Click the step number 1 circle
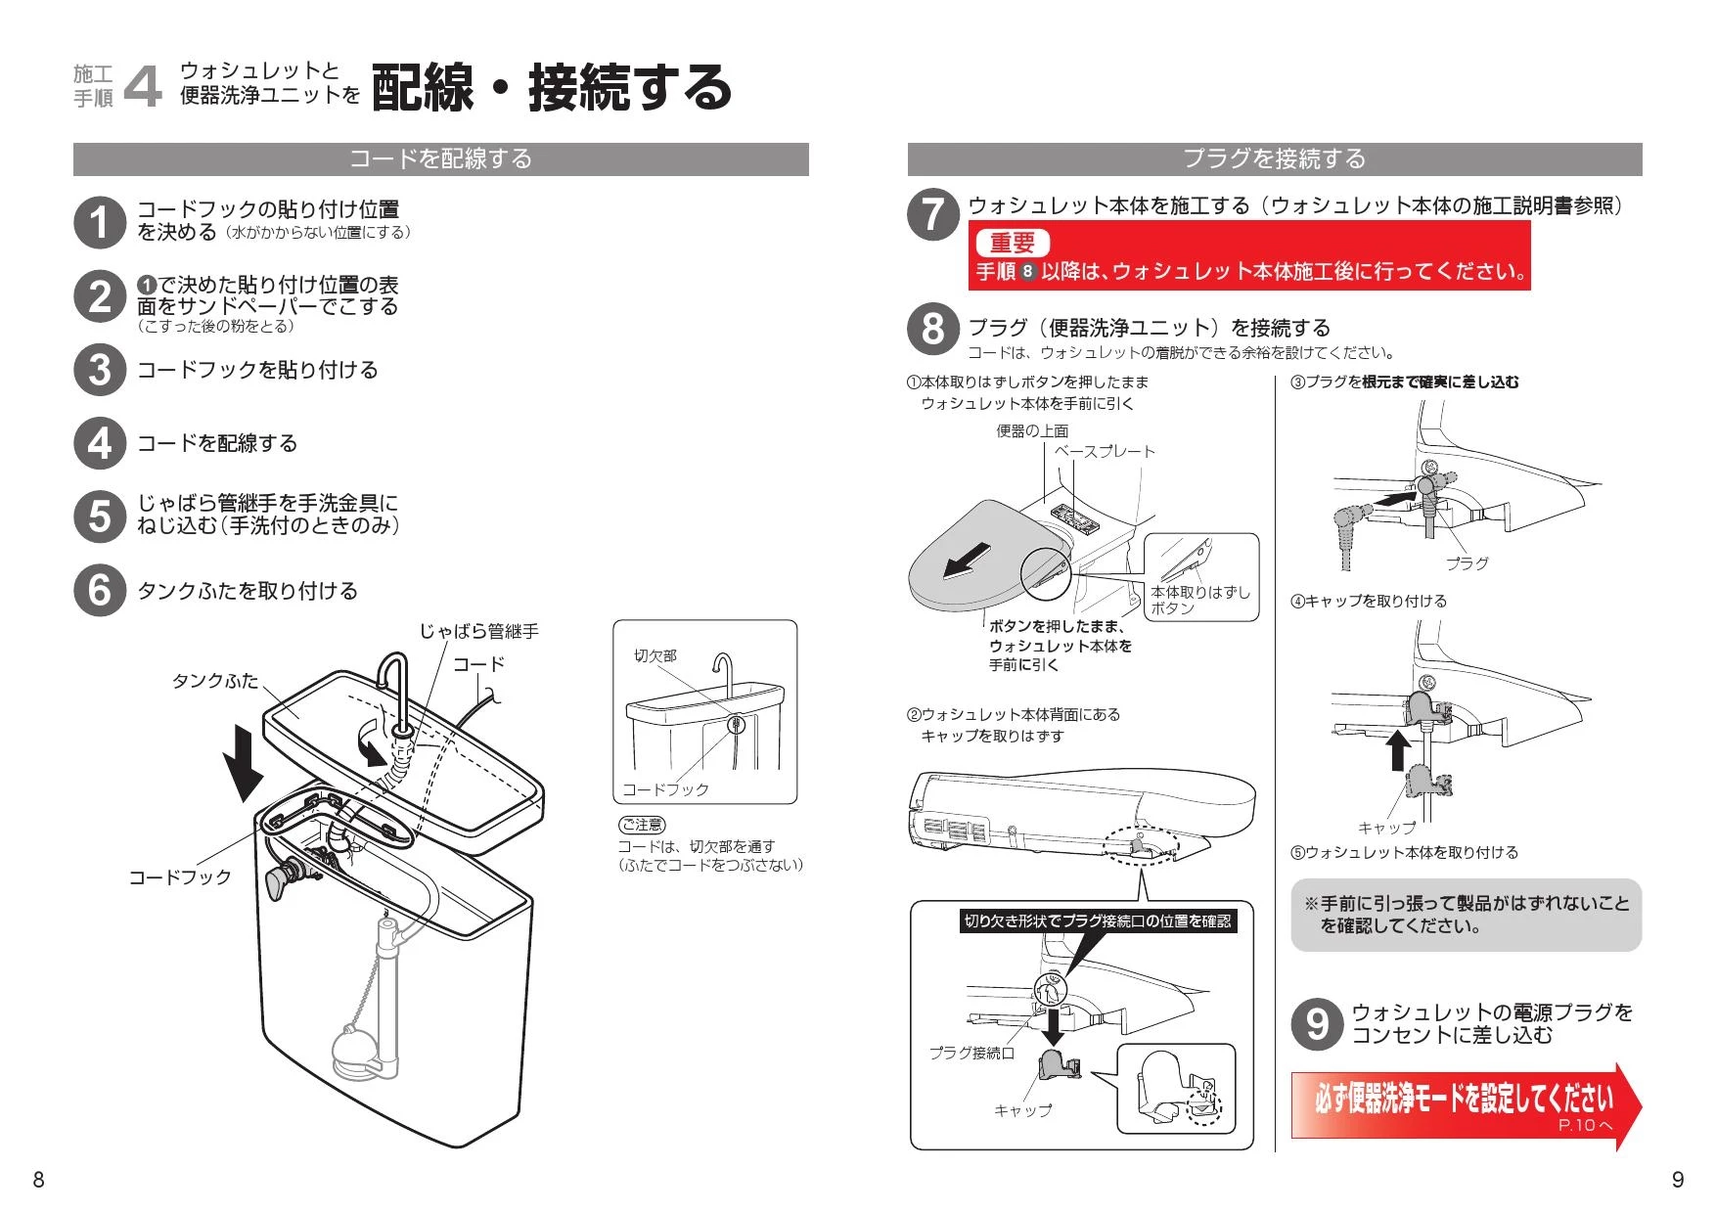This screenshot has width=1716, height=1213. pyautogui.click(x=100, y=222)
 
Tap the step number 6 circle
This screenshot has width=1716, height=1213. pyautogui.click(x=100, y=590)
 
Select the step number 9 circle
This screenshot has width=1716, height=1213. pyautogui.click(x=1318, y=1023)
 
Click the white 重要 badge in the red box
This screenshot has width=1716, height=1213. pyautogui.click(x=1012, y=243)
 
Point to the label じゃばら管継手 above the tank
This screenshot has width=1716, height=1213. pyautogui.click(x=479, y=632)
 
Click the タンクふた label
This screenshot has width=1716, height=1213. pyautogui.click(x=215, y=680)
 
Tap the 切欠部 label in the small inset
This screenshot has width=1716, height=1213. pyautogui.click(x=655, y=655)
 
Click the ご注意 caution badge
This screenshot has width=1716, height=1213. pyautogui.click(x=641, y=825)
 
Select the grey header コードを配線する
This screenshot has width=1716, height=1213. pyautogui.click(x=440, y=159)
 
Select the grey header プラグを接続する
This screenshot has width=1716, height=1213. pyautogui.click(x=1274, y=159)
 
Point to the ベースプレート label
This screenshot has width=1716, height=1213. pyautogui.click(x=1105, y=451)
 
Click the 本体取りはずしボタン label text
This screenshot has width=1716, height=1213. pyautogui.click(x=1199, y=599)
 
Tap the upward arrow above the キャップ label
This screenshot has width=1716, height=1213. pyautogui.click(x=1399, y=750)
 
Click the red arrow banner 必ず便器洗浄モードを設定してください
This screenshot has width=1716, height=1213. pyautogui.click(x=1463, y=1101)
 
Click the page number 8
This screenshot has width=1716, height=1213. pyautogui.click(x=38, y=1180)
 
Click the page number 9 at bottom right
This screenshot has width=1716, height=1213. pyautogui.click(x=1677, y=1180)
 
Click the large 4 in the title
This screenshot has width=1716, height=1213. pyautogui.click(x=144, y=86)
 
